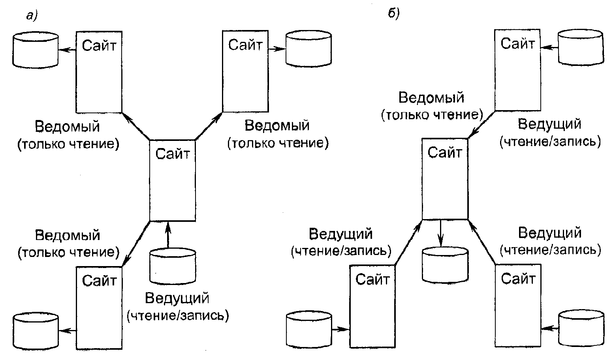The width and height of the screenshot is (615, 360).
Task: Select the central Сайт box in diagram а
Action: [172, 180]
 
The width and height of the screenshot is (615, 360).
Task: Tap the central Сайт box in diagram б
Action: [445, 178]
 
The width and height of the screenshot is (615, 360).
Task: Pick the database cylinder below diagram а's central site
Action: [173, 266]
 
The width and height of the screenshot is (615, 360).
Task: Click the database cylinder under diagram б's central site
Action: [445, 264]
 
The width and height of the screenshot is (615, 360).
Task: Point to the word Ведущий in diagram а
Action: [177, 298]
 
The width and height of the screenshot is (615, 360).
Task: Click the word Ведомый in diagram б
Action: [431, 97]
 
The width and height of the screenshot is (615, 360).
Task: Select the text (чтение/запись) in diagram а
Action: [178, 315]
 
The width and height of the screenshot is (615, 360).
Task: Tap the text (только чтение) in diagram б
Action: [431, 115]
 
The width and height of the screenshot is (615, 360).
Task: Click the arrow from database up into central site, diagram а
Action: [168, 235]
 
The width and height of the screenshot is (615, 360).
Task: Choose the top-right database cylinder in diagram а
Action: [308, 49]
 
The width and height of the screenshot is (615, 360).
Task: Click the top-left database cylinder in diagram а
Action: [36, 50]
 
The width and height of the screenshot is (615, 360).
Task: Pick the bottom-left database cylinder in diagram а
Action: [36, 330]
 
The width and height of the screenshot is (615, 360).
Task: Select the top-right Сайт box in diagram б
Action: [517, 69]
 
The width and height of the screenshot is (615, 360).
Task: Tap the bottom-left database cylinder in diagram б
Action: [308, 328]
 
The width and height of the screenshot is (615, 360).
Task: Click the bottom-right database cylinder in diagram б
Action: [581, 328]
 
